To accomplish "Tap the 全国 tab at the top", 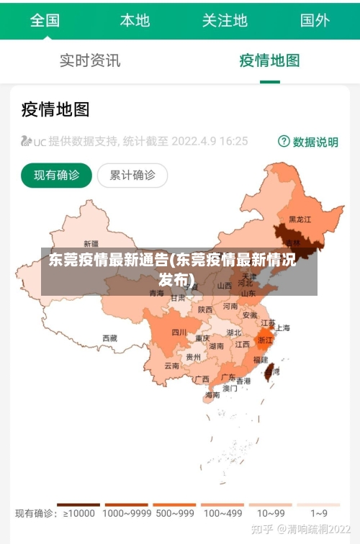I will point(45,20).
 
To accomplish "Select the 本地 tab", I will point(135,20).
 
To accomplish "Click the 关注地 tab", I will point(225,20).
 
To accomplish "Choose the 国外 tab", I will point(315,20).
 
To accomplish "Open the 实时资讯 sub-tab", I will point(90,60).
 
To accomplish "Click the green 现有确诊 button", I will point(56,175).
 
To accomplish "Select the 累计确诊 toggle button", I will point(132,175).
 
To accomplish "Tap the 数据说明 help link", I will point(308,142).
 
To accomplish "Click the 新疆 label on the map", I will point(91,243).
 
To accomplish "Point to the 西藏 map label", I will point(109,337).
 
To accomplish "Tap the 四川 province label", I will point(179,332).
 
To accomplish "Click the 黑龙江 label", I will point(300,219).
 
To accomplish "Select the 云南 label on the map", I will point(172,366).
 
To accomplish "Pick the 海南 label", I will point(212,395).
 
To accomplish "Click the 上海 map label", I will point(282,328).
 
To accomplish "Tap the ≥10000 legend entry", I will point(78,513).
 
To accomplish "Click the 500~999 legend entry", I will point(174,513).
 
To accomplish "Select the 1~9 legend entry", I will point(319,513).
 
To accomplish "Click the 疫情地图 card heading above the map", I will point(55,109).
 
